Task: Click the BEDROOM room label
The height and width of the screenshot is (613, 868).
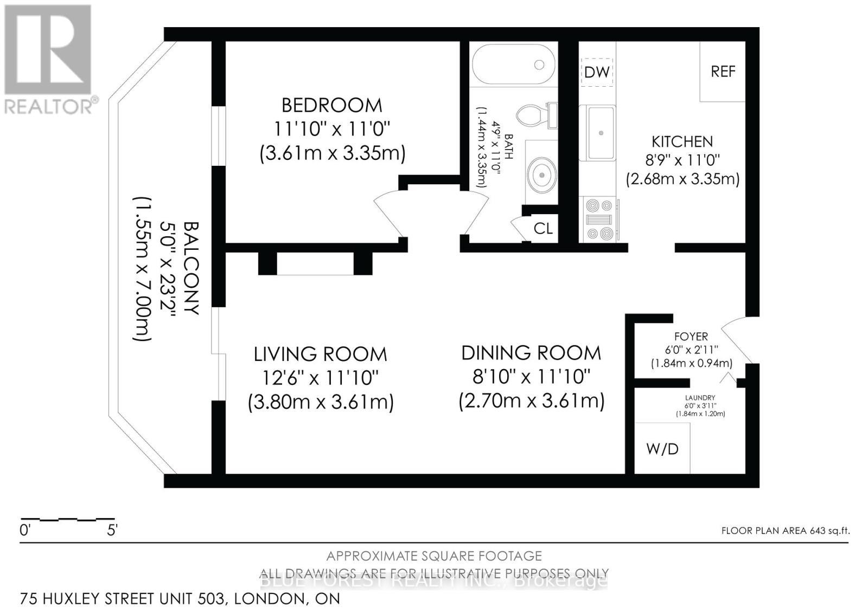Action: click(331, 105)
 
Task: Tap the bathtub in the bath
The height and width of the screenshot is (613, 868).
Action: click(513, 64)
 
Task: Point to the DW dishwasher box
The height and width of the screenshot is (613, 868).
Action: click(597, 72)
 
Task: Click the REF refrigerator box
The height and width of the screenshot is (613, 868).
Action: click(723, 72)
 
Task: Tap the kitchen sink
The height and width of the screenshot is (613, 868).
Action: click(600, 133)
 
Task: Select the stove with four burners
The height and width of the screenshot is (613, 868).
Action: click(599, 220)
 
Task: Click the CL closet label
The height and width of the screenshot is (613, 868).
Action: click(542, 229)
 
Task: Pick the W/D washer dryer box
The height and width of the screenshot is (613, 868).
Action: click(662, 448)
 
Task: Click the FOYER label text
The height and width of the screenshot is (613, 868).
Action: click(691, 337)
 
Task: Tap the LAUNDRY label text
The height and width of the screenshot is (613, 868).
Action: click(700, 397)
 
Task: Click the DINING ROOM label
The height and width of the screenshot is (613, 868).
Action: click(531, 353)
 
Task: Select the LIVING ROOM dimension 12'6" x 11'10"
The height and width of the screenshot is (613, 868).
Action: click(320, 378)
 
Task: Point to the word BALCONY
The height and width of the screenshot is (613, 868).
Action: click(190, 268)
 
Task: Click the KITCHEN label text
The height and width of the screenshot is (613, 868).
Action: click(682, 142)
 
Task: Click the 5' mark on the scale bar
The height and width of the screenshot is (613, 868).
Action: click(112, 530)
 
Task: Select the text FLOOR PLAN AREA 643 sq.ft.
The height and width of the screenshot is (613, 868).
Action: click(785, 531)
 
